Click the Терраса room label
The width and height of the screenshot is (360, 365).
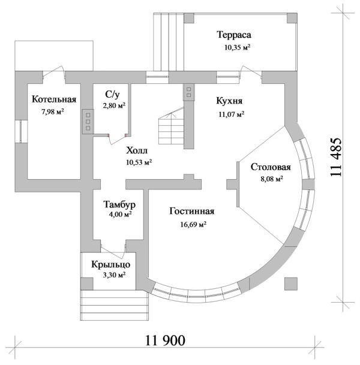(234, 35)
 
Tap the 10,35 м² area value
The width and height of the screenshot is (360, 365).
(238, 47)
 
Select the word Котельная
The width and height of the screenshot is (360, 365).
(54, 99)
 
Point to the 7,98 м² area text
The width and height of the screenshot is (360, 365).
(53, 111)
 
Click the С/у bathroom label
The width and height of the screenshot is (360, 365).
(113, 94)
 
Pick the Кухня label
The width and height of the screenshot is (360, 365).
(229, 101)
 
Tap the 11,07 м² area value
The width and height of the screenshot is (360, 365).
(232, 114)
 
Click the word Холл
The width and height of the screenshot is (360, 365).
(137, 150)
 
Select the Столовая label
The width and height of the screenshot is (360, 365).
(271, 167)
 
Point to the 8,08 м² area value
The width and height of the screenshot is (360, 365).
(272, 179)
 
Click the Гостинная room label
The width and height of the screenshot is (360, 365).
(192, 212)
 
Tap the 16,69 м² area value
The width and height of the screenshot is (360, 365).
(193, 224)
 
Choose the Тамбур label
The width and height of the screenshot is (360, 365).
(119, 204)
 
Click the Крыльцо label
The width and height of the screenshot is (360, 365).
(110, 265)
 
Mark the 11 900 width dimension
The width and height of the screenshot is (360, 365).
(166, 341)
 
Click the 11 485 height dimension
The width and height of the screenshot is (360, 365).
(336, 158)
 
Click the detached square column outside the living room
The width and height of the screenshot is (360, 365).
(291, 283)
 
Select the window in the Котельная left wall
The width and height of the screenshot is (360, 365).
(21, 131)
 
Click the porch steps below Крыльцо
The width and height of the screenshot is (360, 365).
(115, 305)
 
